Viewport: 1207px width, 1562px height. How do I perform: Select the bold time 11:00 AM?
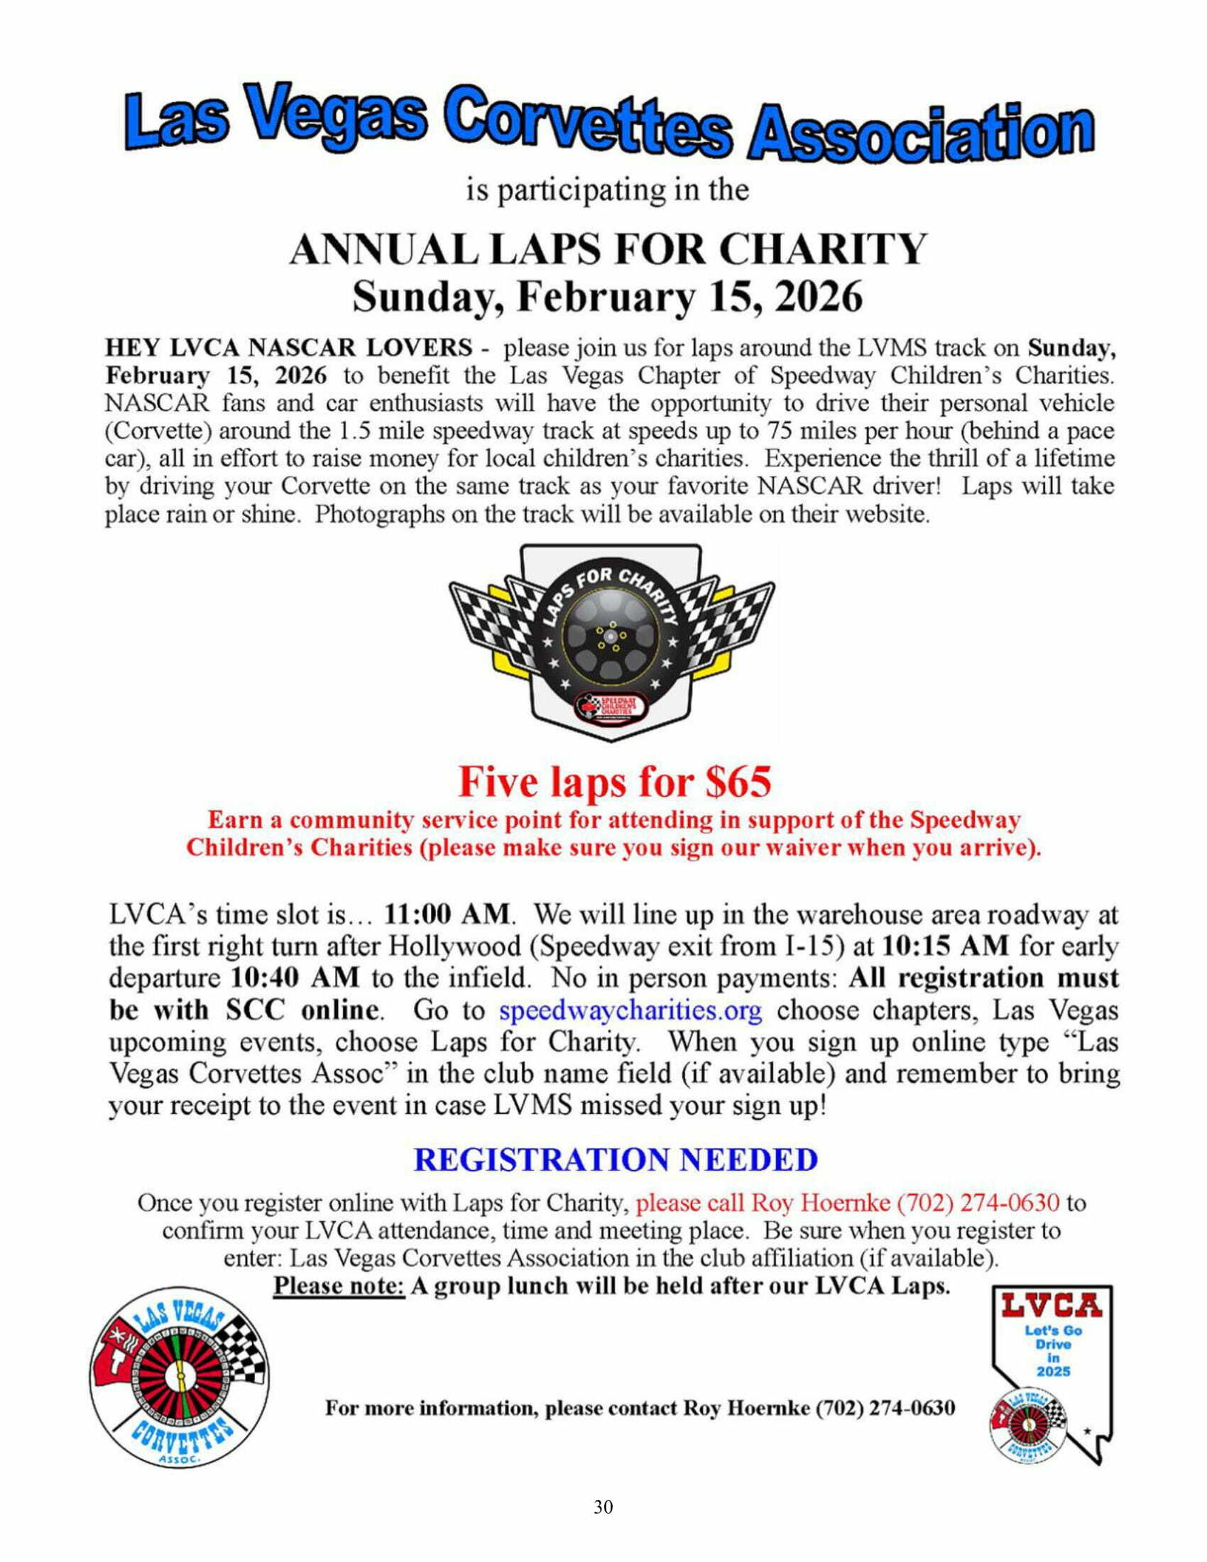(x=447, y=914)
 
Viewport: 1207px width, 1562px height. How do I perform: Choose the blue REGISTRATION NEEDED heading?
(x=616, y=1159)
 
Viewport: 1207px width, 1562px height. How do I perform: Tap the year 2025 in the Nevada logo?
(x=1054, y=1371)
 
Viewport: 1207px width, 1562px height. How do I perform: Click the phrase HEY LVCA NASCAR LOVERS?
(x=288, y=349)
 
